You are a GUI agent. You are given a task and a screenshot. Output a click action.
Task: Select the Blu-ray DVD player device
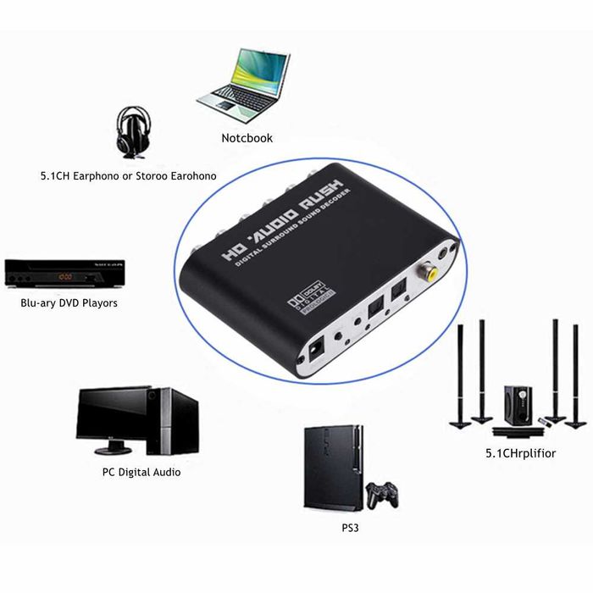[x=64, y=274]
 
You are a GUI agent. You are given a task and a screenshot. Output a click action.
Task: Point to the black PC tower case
[x=174, y=421]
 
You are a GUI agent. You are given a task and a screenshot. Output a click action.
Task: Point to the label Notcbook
[x=247, y=138]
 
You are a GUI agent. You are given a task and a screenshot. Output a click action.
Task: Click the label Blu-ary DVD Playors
[x=69, y=302]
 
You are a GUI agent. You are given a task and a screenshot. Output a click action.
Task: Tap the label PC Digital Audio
[x=136, y=471]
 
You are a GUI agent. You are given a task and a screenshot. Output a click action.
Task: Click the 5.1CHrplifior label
[x=520, y=453]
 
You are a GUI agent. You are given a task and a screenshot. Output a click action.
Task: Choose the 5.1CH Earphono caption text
[x=128, y=175]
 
